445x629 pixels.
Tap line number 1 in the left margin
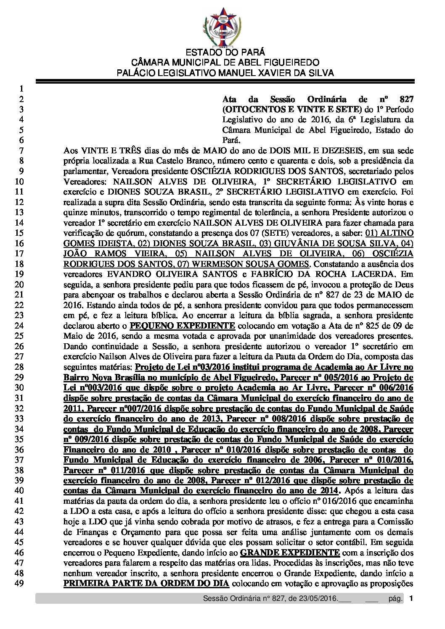point(19,89)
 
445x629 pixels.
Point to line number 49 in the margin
point(19,584)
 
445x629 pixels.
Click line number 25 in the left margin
point(19,336)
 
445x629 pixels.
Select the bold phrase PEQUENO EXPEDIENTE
point(182,326)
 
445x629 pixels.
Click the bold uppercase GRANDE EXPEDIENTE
point(289,553)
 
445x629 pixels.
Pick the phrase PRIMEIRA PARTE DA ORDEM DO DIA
point(146,584)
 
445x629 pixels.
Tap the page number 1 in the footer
point(411,598)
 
